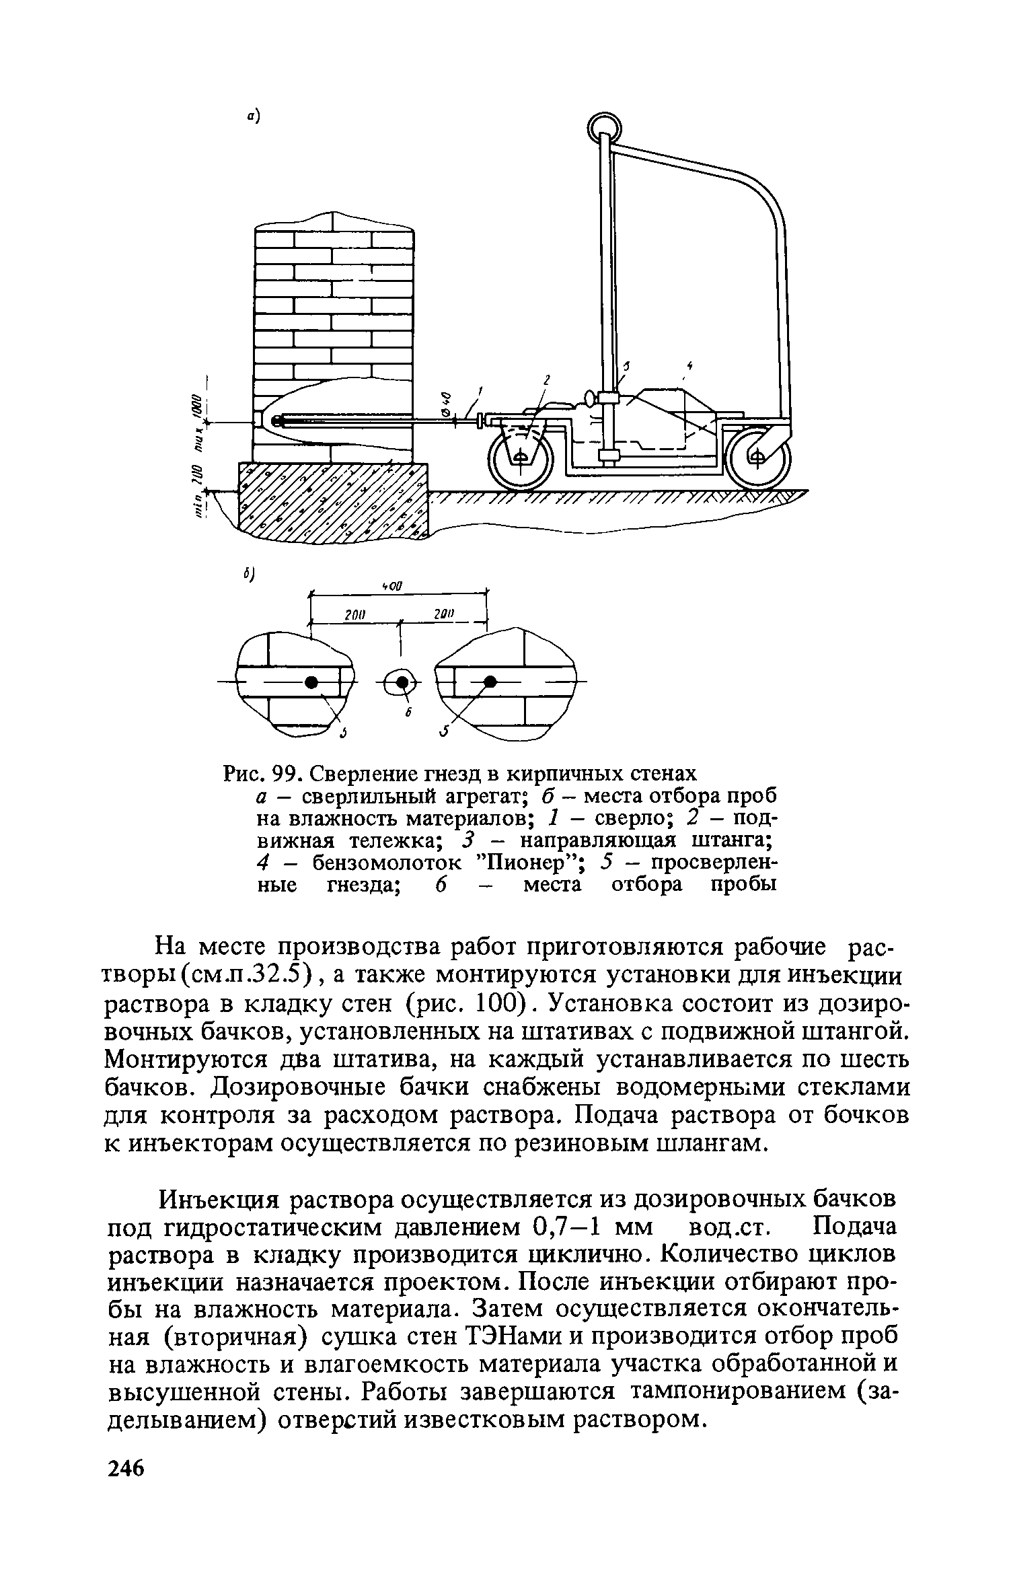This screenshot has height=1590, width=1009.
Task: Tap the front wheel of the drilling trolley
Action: (x=521, y=458)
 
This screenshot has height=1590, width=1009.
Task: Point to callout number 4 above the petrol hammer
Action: (x=689, y=366)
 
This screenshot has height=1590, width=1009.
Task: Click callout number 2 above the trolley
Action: (x=547, y=382)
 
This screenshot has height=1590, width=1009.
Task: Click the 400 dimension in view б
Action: (x=391, y=587)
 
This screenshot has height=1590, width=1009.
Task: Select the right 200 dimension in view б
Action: (x=445, y=614)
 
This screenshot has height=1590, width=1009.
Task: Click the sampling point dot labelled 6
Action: (x=402, y=682)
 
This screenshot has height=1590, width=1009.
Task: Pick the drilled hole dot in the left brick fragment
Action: (x=311, y=682)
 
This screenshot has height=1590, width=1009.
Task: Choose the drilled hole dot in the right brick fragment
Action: (x=491, y=682)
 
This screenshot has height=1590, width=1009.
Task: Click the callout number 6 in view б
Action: (x=408, y=713)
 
